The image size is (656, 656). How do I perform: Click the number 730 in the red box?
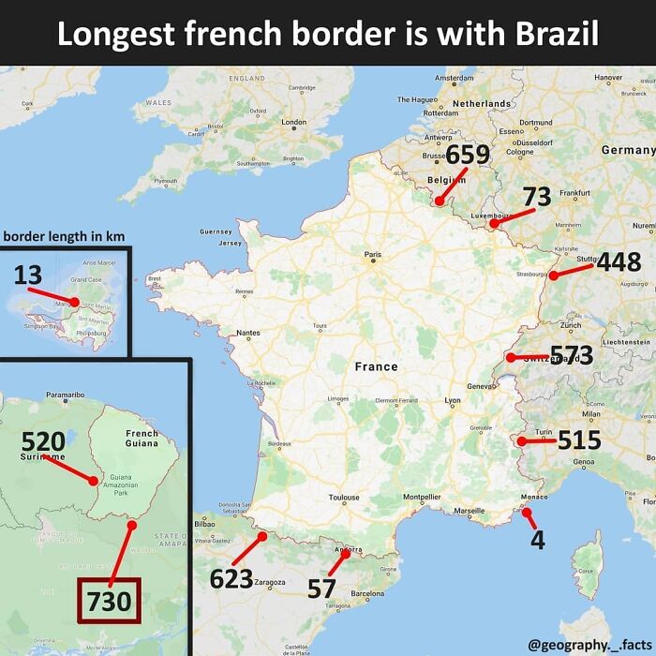[108, 601]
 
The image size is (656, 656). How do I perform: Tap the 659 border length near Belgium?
[467, 155]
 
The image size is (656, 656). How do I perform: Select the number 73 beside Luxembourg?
[536, 197]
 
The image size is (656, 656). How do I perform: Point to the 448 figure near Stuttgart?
[618, 262]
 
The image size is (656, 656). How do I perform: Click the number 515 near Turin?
[578, 440]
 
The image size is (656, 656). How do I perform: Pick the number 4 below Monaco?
[538, 541]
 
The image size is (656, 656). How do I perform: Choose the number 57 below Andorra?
[321, 589]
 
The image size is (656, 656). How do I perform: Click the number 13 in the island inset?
[28, 276]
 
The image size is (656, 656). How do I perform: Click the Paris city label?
[373, 254]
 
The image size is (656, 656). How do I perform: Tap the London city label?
[294, 122]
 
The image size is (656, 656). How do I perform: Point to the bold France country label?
[376, 366]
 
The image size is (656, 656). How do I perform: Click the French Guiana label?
[142, 440]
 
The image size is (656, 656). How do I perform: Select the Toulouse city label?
[344, 498]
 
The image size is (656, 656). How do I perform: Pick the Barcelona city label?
[367, 593]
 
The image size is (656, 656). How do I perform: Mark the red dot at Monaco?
[526, 512]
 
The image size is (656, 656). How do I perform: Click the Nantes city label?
[248, 333]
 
